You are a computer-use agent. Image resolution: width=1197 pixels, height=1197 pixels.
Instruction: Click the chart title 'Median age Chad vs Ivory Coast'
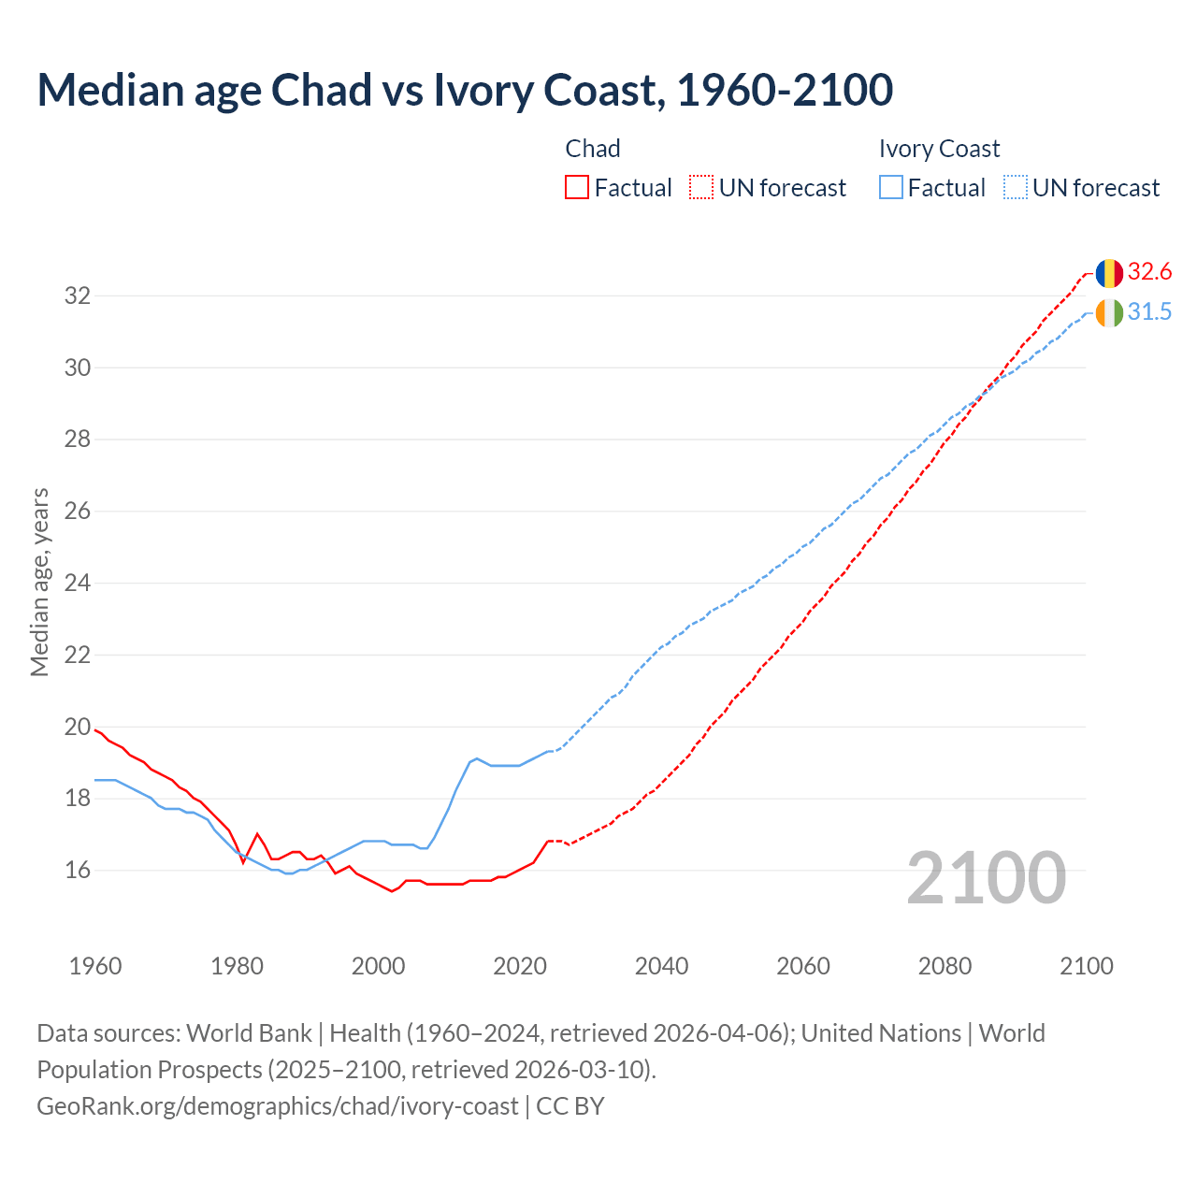point(465,90)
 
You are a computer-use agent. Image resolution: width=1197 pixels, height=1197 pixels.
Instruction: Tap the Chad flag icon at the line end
point(1108,273)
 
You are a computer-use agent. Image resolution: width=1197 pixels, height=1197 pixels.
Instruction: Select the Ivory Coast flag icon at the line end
point(1108,313)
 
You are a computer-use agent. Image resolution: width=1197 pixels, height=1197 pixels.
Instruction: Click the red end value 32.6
point(1149,272)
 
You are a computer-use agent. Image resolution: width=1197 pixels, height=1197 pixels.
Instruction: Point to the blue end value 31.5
point(1149,312)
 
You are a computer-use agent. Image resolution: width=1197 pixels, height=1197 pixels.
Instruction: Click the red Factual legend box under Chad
point(577,188)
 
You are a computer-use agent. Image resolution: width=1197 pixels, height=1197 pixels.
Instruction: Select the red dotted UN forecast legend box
point(701,188)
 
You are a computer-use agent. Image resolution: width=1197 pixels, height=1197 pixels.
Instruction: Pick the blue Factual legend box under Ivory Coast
point(891,188)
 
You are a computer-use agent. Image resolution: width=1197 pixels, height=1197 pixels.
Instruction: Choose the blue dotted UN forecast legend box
point(1015,188)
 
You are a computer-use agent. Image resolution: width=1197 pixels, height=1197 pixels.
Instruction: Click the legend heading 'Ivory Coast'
point(939,149)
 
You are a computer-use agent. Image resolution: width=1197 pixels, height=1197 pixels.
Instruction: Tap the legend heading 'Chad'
point(593,149)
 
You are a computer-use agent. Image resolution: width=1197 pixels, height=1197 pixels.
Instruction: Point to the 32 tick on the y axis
point(78,296)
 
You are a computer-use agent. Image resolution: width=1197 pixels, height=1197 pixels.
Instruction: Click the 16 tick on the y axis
point(78,871)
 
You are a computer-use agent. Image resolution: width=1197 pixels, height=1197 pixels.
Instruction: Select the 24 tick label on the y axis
point(78,584)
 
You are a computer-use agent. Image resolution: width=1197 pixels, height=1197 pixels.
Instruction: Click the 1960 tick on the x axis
point(95,966)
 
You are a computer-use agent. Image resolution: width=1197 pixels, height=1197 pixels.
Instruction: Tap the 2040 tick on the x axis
point(661,966)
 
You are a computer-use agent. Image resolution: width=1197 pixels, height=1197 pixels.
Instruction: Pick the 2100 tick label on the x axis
point(1086,966)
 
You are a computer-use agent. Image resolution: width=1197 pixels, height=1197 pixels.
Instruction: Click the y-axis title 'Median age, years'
point(39,582)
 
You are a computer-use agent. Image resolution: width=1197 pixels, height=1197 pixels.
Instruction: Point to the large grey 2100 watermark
point(986,878)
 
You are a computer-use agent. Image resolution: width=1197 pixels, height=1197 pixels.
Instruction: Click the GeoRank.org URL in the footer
point(277,1106)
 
